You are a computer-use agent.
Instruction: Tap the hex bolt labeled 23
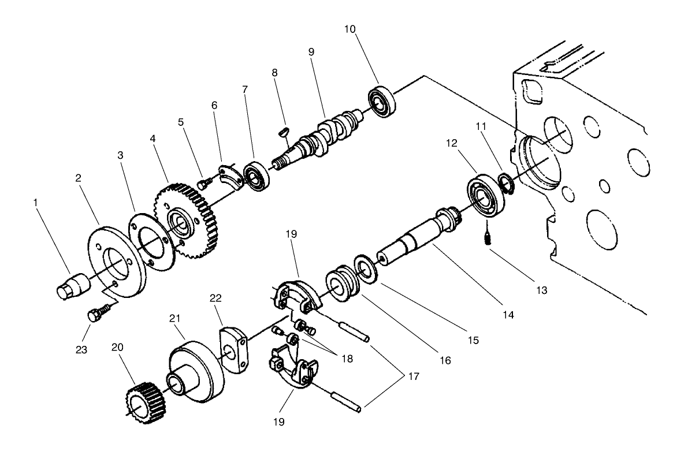point(94,316)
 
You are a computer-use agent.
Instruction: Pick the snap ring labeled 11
point(505,182)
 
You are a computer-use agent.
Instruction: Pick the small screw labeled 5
point(203,183)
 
